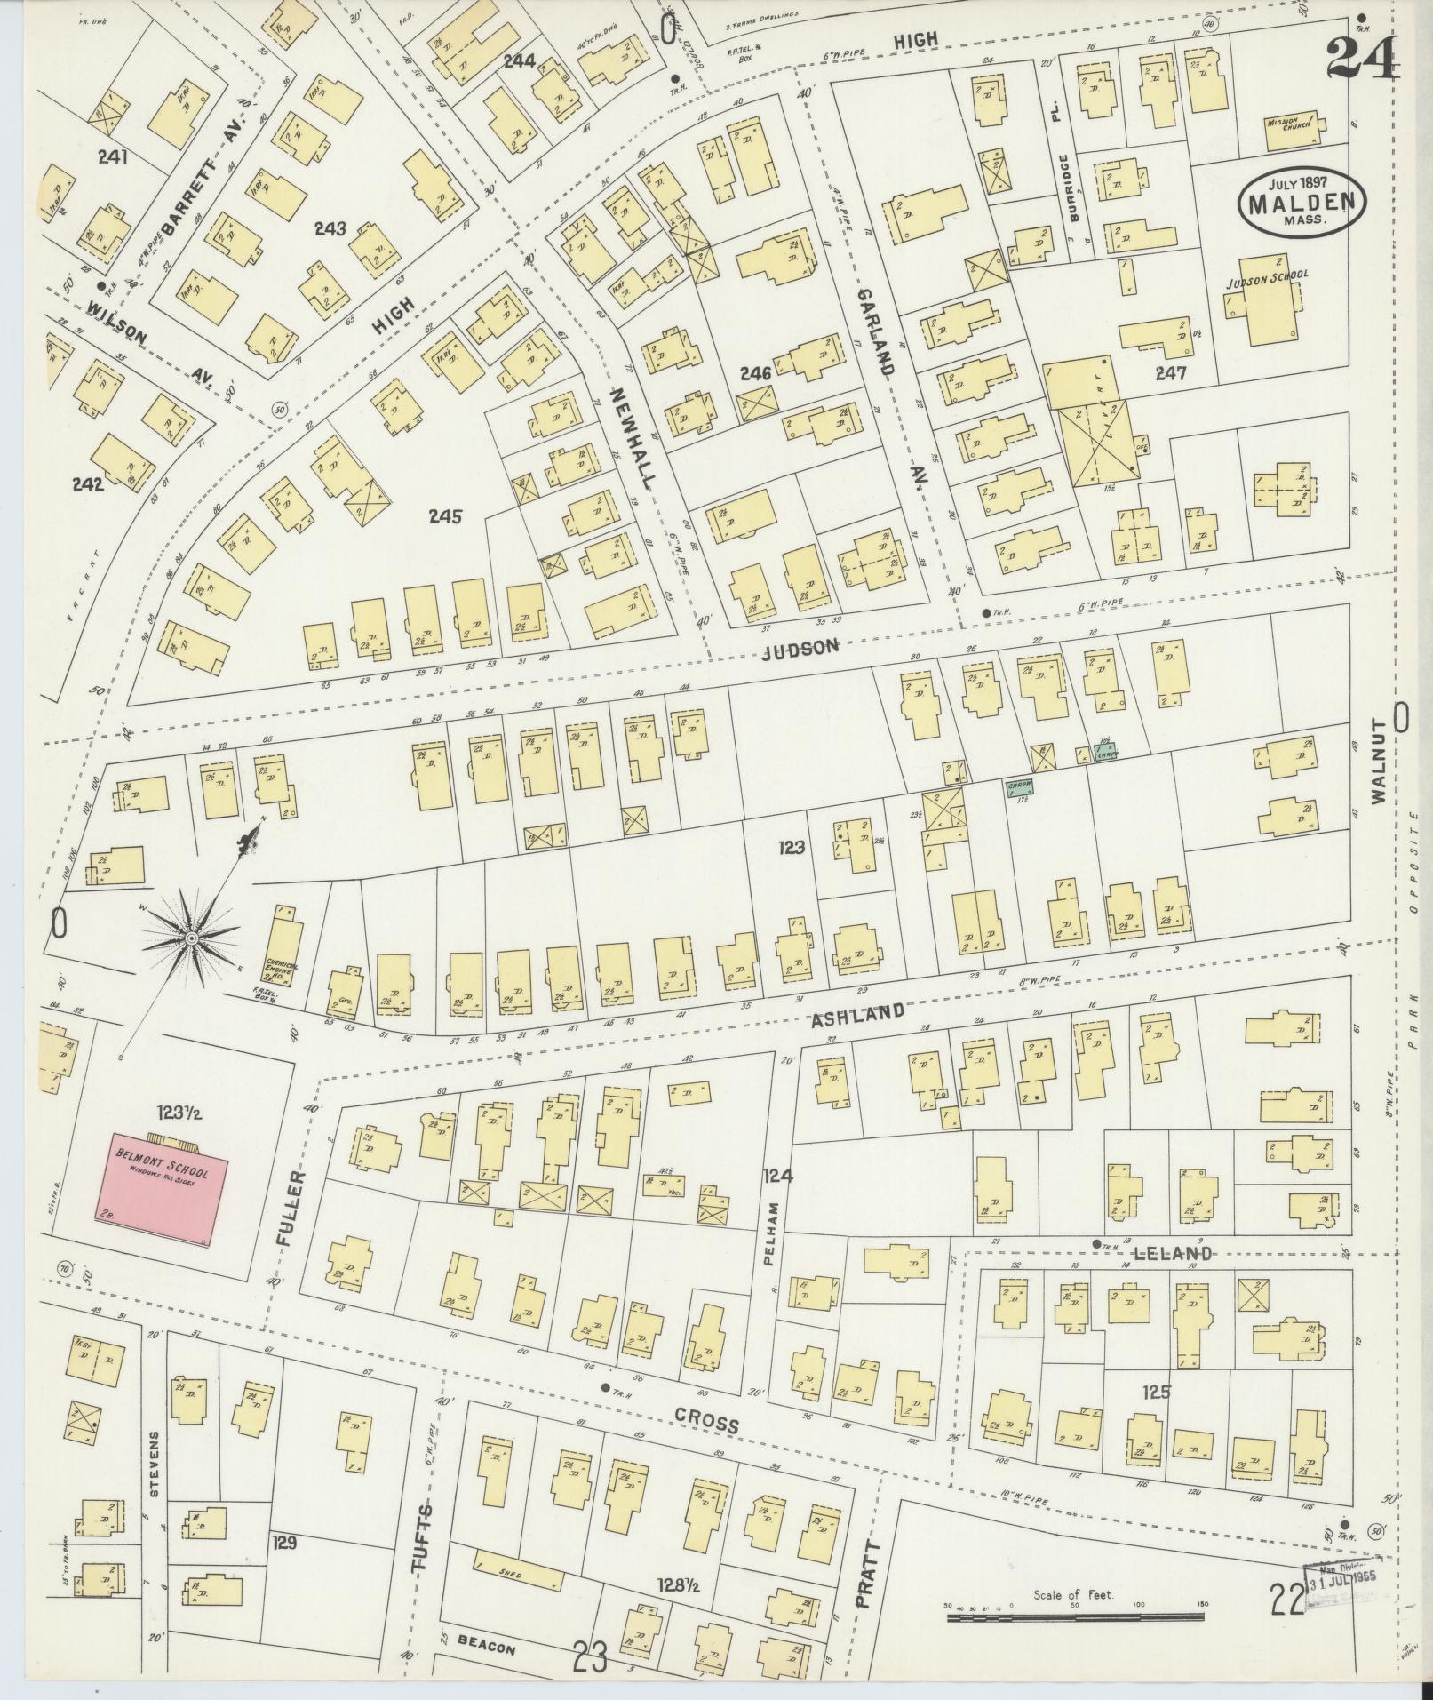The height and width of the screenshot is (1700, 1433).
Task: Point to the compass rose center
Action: pos(191,938)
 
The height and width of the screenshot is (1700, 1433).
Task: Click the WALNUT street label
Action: pos(1380,773)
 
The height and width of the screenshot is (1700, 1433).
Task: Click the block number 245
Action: pos(444,516)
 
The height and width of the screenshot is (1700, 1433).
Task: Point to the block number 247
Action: pos(1171,374)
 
